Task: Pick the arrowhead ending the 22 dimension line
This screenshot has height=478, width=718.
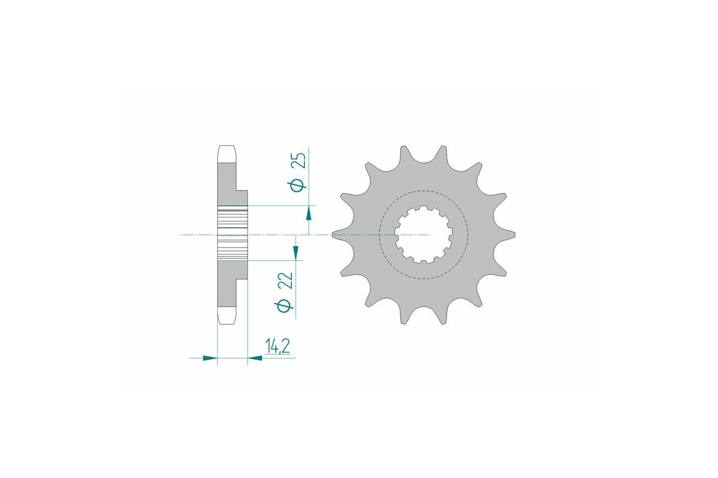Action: pos(296,253)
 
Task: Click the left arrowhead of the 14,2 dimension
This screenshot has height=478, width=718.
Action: pos(209,358)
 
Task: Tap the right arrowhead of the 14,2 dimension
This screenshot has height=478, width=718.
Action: pos(254,358)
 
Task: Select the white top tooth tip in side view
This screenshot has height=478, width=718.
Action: pos(227,154)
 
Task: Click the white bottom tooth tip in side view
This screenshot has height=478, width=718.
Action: pos(227,316)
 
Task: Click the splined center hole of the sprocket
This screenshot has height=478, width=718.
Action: pos(424,235)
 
